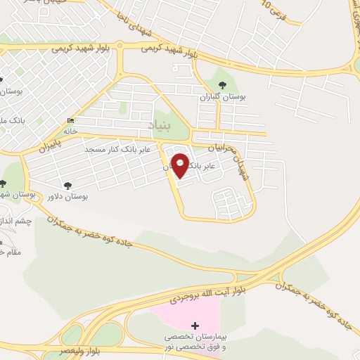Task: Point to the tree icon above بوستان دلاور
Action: point(68,186)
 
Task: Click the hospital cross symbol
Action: point(195,326)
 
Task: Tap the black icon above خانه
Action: point(70,120)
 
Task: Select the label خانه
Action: point(70,131)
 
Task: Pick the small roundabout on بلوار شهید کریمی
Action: point(121,46)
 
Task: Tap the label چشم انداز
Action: point(15,221)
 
